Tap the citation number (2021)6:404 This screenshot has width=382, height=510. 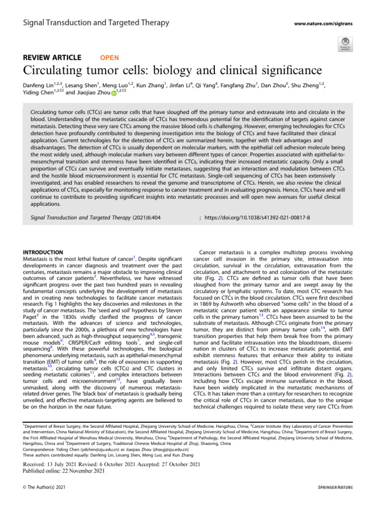[x=146, y=218]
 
